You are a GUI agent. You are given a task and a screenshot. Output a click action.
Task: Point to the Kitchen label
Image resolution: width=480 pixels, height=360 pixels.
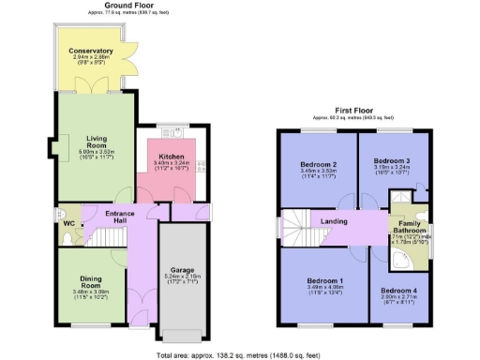point(172,155)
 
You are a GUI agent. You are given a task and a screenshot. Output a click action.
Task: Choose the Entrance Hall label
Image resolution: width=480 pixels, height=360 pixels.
point(121,217)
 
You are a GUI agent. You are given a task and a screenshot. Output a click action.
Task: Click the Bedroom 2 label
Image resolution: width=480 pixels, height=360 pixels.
point(318,165)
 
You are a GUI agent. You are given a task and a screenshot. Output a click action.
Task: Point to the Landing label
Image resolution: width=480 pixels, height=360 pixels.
point(335,221)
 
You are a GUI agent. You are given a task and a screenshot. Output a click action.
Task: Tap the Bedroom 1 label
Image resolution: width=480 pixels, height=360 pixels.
point(321,281)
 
